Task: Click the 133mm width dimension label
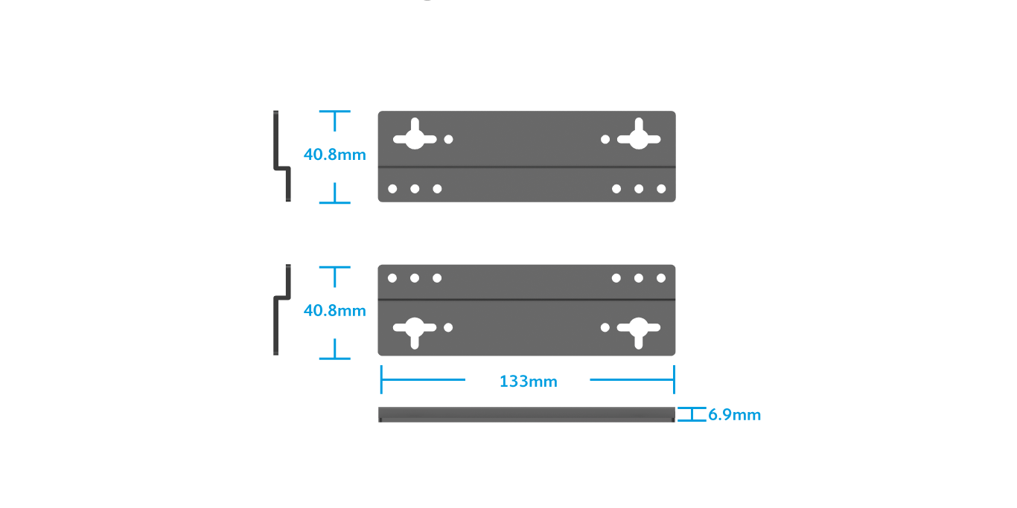click(x=528, y=382)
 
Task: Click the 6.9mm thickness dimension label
click(x=734, y=415)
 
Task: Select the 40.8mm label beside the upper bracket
click(x=335, y=155)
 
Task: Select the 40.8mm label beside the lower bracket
click(x=335, y=311)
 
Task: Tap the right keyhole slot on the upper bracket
click(x=638, y=137)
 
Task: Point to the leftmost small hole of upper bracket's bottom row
click(x=392, y=189)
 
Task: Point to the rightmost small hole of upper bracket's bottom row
click(x=661, y=189)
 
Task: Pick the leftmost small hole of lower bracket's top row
click(x=392, y=278)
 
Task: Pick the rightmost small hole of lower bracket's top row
click(x=661, y=278)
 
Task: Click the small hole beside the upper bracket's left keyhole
click(x=448, y=139)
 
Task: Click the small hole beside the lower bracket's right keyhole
click(x=605, y=327)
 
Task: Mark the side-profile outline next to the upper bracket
click(x=281, y=156)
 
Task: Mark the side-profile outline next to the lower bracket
click(x=281, y=309)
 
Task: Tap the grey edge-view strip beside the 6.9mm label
click(x=526, y=414)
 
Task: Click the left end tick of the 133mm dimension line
click(x=381, y=379)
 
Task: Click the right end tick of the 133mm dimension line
click(x=675, y=379)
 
